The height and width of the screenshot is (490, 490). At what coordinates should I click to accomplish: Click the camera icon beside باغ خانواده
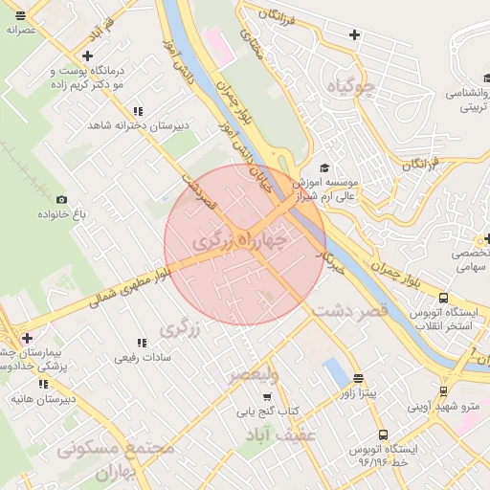click(62, 199)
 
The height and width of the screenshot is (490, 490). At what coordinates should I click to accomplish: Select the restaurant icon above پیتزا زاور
click(359, 378)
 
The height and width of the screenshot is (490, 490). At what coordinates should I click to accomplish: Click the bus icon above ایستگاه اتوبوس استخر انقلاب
click(443, 298)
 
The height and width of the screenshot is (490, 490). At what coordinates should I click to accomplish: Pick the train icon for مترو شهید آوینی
click(443, 390)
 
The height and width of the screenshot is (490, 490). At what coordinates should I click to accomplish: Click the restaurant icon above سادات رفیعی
click(142, 342)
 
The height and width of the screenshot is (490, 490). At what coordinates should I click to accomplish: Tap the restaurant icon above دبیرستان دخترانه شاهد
click(139, 111)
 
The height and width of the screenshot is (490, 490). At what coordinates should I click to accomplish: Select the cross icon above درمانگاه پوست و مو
click(88, 56)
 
